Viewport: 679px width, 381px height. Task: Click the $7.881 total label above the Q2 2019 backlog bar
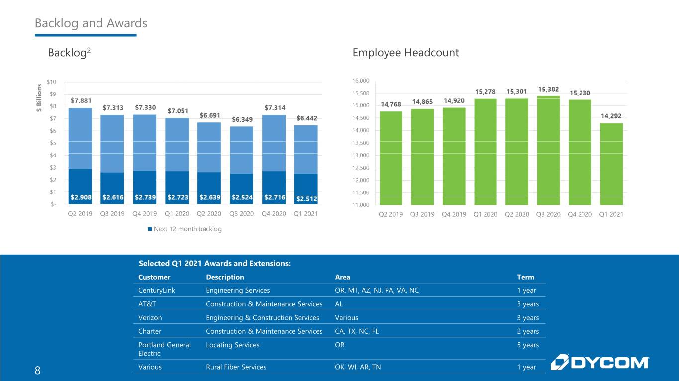(x=81, y=100)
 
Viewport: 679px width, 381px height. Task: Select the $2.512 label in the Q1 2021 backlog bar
(x=307, y=199)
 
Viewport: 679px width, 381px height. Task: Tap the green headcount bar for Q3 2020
(x=548, y=151)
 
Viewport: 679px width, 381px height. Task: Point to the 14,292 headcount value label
(x=611, y=116)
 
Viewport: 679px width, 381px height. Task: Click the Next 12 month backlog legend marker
(x=150, y=229)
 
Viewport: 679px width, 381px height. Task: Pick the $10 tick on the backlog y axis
(x=51, y=82)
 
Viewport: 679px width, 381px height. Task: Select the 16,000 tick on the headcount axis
(x=361, y=81)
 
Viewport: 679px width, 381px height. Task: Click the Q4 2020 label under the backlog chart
(x=274, y=214)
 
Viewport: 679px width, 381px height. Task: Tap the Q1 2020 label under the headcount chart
(x=485, y=214)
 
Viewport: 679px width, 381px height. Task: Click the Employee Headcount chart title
(x=405, y=53)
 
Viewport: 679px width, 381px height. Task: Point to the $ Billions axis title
(x=39, y=97)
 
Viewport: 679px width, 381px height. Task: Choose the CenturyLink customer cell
(x=157, y=290)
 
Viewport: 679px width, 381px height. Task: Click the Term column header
(x=526, y=277)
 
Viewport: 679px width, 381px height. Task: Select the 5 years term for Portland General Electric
(x=528, y=345)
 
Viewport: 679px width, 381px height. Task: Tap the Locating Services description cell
(x=233, y=345)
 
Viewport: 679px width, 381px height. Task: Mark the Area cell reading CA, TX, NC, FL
(x=357, y=331)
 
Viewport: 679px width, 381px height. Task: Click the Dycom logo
(x=599, y=362)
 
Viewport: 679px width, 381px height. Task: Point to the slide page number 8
(x=38, y=371)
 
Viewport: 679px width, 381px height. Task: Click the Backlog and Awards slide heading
(x=91, y=23)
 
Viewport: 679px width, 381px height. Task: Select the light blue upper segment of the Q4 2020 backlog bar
(x=274, y=143)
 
